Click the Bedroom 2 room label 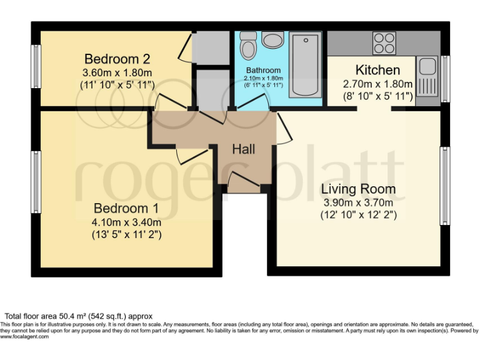click(117, 59)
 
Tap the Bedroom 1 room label click(126, 208)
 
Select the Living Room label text click(358, 189)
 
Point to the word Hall click(243, 149)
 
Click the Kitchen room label click(377, 69)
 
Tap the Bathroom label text click(263, 71)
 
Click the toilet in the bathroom click(248, 46)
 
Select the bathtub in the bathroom click(306, 64)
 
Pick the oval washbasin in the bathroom click(272, 41)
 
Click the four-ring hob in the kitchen click(384, 42)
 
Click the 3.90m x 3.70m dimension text click(358, 202)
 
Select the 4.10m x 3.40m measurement click(126, 222)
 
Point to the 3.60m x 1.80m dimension click(117, 72)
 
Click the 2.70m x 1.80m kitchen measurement click(377, 84)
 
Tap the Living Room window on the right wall click(445, 186)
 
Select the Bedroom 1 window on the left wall click(37, 181)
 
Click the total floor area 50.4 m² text click(79, 316)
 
